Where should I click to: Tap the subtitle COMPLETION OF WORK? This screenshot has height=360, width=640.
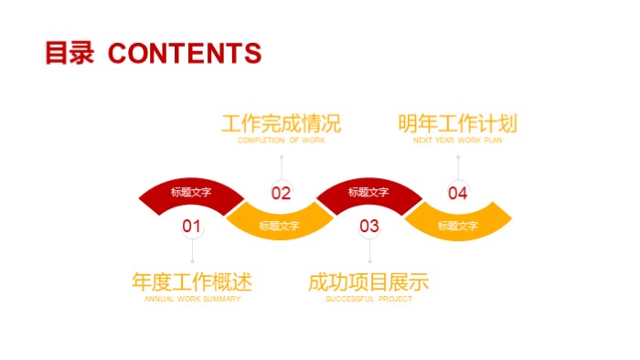coord(281,141)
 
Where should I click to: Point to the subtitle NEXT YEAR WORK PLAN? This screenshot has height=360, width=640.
coord(457,141)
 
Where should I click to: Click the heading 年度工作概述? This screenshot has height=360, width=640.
coord(192,282)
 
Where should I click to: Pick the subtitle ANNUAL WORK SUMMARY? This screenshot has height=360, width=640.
coord(192,299)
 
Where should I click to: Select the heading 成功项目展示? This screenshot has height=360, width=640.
coord(368,282)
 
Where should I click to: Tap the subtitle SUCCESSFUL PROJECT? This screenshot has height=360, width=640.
coord(368,299)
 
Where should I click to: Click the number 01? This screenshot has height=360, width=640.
coord(192,225)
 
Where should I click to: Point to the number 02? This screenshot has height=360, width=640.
coord(281,193)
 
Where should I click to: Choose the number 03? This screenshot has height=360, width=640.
coord(368,225)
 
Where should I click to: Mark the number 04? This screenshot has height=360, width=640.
coord(457,193)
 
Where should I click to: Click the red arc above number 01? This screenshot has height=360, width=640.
coord(191,192)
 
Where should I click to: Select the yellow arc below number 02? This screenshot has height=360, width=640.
coord(279,225)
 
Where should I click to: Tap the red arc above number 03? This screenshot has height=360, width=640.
coord(368,192)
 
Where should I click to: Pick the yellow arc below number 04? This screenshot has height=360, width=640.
coord(457,225)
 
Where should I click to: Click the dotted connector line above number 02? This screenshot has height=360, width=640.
coord(281,165)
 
